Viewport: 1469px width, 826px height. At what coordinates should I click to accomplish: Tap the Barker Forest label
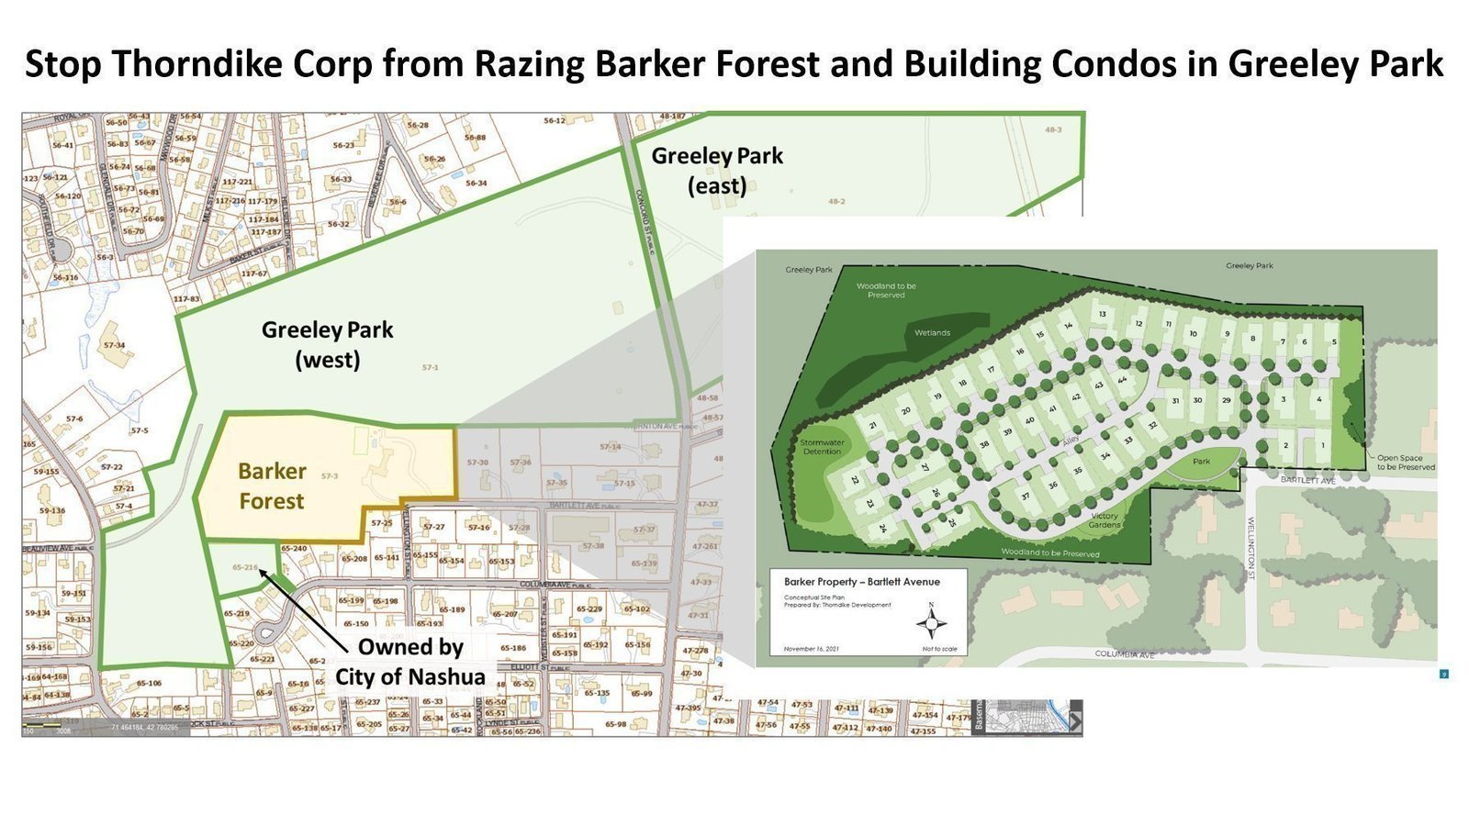click(272, 486)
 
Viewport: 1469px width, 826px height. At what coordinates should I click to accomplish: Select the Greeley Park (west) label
click(327, 344)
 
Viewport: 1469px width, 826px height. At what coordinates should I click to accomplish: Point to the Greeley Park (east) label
click(717, 170)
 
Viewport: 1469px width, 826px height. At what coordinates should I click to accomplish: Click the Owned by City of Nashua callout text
click(409, 661)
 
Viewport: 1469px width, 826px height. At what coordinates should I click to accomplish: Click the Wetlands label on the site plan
click(932, 332)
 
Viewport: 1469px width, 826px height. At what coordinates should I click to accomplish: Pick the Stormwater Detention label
click(822, 447)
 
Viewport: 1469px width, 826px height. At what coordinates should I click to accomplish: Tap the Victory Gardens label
click(1105, 520)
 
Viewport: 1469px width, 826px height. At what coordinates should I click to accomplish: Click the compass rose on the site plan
click(932, 623)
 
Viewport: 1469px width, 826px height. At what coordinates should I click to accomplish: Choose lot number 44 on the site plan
click(1122, 379)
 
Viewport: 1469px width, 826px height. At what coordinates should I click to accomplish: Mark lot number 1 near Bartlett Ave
click(1323, 445)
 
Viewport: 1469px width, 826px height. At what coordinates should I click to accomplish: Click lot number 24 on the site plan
click(881, 528)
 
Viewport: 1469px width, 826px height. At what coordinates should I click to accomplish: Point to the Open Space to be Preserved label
click(1405, 462)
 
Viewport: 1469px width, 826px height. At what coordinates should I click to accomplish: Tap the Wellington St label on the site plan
click(1250, 541)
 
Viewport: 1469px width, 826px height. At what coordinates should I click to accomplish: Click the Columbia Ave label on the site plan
click(1124, 654)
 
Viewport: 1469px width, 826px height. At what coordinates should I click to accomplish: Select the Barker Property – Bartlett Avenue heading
click(862, 582)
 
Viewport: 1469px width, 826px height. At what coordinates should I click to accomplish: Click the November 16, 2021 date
click(812, 649)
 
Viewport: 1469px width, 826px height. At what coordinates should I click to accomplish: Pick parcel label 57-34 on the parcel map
click(115, 346)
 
